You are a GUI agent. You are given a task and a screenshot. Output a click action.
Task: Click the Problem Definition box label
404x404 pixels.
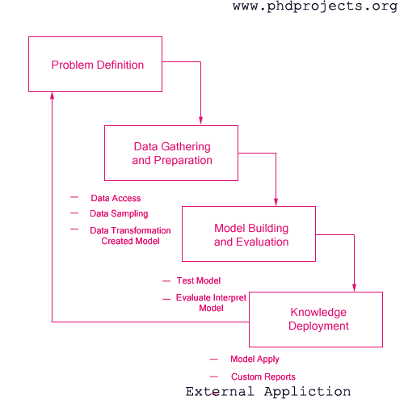tap(98, 65)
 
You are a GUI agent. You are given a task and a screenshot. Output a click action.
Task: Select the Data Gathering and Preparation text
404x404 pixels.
tap(172, 154)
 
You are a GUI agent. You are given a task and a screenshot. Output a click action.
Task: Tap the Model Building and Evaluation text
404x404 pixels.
tap(251, 235)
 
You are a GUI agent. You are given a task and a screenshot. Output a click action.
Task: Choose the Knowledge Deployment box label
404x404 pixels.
tap(318, 319)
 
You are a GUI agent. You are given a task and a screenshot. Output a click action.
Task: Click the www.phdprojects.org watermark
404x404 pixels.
tap(315, 6)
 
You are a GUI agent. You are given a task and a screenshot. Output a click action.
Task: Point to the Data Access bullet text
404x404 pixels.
tap(116, 198)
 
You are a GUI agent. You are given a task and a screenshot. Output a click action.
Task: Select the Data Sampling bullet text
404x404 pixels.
tap(119, 214)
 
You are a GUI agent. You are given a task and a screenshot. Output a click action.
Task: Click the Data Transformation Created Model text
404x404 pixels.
tap(130, 236)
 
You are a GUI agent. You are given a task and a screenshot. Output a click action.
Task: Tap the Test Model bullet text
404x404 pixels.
tap(199, 280)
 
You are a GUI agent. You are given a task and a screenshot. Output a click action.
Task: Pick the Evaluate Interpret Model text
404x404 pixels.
tap(211, 303)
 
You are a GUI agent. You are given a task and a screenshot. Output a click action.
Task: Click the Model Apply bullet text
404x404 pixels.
tap(255, 360)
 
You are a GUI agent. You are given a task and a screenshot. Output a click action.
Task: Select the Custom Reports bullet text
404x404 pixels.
tap(263, 377)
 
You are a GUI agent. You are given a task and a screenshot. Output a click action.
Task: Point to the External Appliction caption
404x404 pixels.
tap(268, 392)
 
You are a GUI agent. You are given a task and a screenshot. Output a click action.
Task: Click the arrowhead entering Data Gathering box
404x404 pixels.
tap(200, 120)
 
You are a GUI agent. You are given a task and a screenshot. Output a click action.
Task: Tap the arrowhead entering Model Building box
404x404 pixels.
tap(276, 202)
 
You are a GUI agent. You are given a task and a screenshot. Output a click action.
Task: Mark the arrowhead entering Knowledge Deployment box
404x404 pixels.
tap(354, 288)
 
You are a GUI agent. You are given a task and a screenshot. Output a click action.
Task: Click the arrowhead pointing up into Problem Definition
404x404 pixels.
tap(53, 96)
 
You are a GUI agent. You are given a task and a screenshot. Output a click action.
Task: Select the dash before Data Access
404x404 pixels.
tap(74, 197)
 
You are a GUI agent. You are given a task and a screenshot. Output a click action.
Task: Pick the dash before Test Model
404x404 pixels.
tap(166, 281)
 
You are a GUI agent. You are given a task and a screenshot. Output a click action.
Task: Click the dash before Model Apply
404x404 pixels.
tap(214, 360)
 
